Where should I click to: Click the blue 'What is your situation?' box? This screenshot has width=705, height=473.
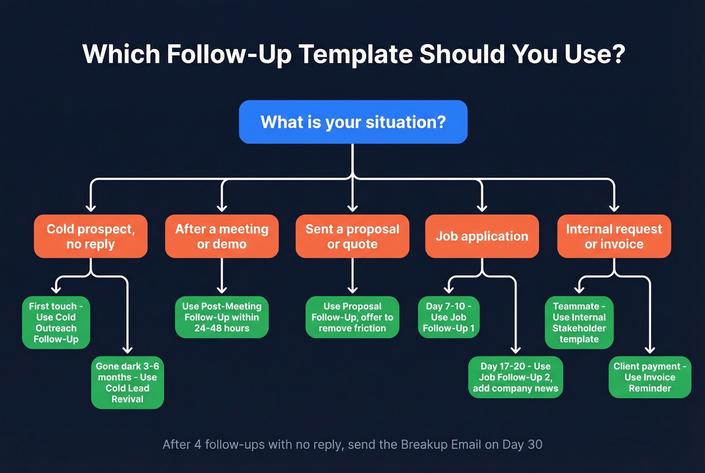(353, 122)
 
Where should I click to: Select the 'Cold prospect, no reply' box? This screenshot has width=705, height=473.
(91, 236)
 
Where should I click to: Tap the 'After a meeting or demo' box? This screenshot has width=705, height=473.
(222, 236)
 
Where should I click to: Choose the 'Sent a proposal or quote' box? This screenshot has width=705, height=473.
(352, 236)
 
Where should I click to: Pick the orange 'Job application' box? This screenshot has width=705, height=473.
(482, 236)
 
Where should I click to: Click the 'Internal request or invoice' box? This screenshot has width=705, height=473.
(614, 236)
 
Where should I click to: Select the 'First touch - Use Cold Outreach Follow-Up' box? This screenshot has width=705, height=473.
(56, 322)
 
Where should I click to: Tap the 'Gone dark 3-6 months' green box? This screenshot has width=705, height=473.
(127, 382)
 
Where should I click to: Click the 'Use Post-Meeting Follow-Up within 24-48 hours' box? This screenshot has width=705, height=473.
(222, 317)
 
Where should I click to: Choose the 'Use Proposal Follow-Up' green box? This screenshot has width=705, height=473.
(352, 317)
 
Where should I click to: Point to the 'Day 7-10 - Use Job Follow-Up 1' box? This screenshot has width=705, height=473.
(449, 317)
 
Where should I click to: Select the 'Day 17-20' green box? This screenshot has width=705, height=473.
(515, 377)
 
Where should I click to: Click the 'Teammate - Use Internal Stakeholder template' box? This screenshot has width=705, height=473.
(579, 322)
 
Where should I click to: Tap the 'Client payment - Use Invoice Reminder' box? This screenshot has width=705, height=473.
(650, 377)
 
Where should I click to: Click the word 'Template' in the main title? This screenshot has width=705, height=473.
(356, 54)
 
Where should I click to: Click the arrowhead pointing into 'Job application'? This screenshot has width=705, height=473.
(482, 208)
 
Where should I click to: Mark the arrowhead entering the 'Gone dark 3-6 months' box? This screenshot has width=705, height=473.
(127, 349)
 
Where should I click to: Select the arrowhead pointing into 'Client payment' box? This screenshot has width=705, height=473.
(650, 349)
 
